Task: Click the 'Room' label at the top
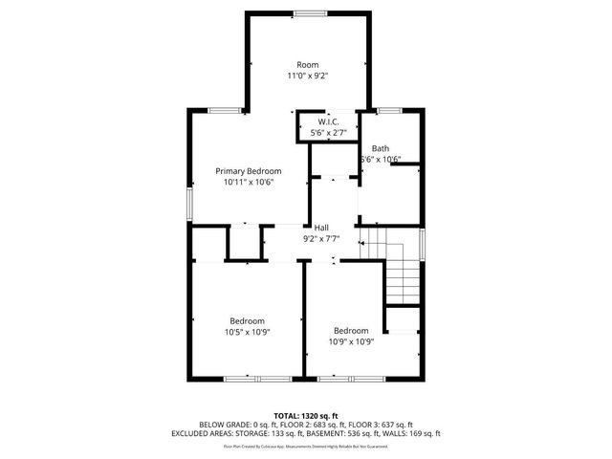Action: pyautogui.click(x=307, y=64)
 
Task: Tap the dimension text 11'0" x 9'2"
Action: pyautogui.click(x=307, y=76)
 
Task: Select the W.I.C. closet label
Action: pyautogui.click(x=328, y=121)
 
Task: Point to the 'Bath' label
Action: pyautogui.click(x=381, y=148)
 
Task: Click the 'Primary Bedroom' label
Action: pyautogui.click(x=249, y=170)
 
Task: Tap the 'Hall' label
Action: pyautogui.click(x=322, y=227)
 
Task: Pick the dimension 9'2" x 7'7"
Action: pyautogui.click(x=322, y=238)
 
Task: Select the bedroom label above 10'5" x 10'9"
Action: pyautogui.click(x=247, y=320)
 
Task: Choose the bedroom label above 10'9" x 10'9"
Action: pyautogui.click(x=351, y=331)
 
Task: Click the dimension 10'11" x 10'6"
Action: pyautogui.click(x=249, y=182)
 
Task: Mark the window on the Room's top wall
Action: pyautogui.click(x=307, y=12)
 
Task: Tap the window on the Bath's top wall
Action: pyautogui.click(x=387, y=111)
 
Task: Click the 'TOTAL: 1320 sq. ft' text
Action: pyautogui.click(x=306, y=415)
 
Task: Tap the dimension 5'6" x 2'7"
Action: pyautogui.click(x=328, y=133)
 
